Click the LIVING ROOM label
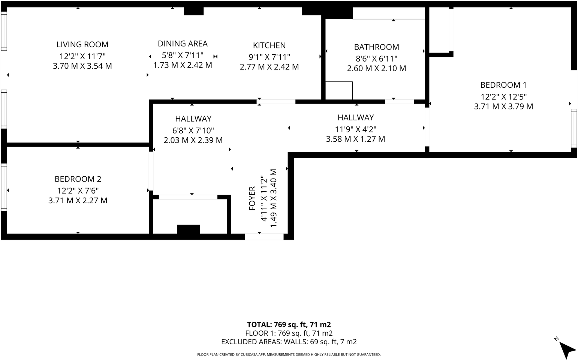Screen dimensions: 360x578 coord(82,45)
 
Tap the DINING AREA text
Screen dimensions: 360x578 coord(183,43)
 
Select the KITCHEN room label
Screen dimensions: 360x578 coord(269,45)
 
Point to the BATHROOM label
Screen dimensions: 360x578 coord(376,47)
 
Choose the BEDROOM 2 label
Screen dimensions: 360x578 coord(78,179)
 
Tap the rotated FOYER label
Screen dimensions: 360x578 coord(252,198)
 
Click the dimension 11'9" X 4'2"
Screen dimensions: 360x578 coord(355,129)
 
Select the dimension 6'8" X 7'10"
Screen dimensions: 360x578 coord(193,130)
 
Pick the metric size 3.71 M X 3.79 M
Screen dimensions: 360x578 coord(503,106)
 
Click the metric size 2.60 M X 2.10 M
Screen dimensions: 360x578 coord(376,68)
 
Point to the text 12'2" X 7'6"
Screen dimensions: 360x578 coord(78,190)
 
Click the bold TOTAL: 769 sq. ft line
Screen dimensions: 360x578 coord(289,324)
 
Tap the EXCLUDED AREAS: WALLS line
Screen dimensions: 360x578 coord(289,342)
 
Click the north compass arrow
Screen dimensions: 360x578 coord(568,350)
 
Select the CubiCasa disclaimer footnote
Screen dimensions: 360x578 coord(289,354)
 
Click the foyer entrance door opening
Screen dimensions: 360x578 coord(264,236)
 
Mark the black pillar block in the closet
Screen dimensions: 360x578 coord(188,229)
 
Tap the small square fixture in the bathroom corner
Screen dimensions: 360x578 coord(339,91)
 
